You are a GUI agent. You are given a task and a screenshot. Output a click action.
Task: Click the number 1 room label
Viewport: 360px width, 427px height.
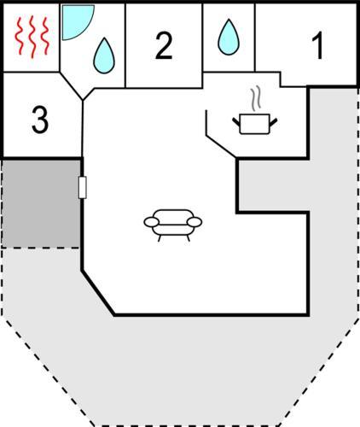[318, 45]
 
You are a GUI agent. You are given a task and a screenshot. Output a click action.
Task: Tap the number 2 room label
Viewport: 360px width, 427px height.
[164, 45]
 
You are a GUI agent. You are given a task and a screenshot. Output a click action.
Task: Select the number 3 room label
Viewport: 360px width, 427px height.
[40, 120]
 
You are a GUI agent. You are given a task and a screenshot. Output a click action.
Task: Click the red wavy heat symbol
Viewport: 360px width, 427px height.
[32, 37]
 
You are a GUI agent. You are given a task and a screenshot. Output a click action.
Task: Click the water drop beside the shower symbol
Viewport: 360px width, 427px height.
[104, 56]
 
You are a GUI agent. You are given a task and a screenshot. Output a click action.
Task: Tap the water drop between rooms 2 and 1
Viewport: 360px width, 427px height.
[229, 37]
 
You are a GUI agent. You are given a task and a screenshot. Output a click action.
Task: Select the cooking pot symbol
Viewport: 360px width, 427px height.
[255, 124]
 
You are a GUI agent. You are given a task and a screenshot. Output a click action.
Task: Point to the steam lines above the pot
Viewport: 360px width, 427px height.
[256, 98]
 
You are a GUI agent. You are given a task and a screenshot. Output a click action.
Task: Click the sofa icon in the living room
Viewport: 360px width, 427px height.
[173, 225]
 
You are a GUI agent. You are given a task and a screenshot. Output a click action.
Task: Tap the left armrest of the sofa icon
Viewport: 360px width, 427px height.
[152, 222]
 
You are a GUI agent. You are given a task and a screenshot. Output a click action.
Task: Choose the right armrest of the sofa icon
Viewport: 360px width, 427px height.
[195, 222]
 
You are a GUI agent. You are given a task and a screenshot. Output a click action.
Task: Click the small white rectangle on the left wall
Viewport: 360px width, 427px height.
[82, 187]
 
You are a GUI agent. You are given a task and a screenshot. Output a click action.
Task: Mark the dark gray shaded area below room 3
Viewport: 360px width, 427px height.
[41, 203]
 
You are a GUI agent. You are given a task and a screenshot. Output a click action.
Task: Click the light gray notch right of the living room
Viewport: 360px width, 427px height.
[273, 185]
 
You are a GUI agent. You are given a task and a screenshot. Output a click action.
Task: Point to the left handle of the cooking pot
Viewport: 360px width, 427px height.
[236, 122]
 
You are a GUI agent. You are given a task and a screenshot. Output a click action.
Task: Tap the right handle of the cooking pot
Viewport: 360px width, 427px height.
[273, 122]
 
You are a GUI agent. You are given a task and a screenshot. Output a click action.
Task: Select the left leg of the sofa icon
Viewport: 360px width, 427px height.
[160, 238]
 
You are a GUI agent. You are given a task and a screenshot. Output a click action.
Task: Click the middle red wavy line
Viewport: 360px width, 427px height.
[32, 37]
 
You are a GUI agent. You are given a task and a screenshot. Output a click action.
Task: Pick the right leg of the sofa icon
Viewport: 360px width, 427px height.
[188, 238]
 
